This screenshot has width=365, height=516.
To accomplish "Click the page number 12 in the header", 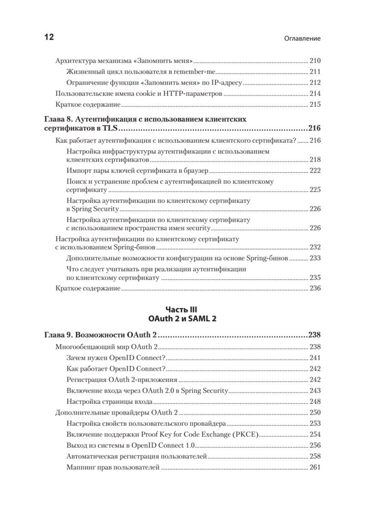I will click(49, 37).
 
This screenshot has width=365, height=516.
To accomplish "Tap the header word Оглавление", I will click(303, 38).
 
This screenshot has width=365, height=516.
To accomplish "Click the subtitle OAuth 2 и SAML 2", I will click(182, 318).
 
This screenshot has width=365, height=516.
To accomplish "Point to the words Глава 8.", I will click(60, 119).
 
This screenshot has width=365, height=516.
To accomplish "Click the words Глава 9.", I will click(60, 335).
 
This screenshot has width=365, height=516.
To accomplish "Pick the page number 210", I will click(315, 61).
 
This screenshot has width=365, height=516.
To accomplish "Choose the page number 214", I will click(315, 94).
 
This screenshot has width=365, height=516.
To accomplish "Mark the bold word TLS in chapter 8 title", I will click(110, 128).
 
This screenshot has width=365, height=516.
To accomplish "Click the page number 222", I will click(315, 171).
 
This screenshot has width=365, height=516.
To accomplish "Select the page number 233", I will click(315, 259).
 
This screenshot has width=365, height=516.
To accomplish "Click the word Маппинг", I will click(80, 467).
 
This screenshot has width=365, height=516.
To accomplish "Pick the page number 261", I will click(315, 467).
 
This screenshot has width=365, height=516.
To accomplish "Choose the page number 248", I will click(315, 402).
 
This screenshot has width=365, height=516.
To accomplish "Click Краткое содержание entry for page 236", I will click(88, 288).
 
